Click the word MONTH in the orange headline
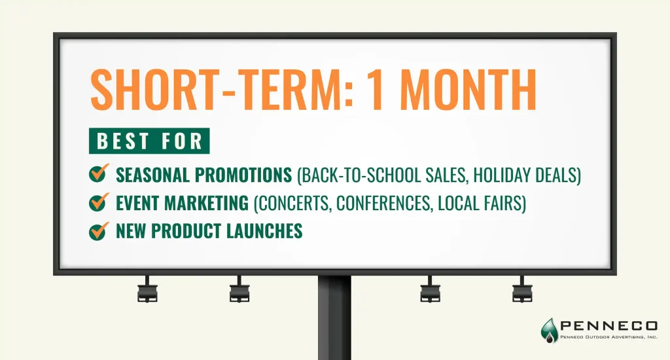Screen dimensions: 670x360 468,90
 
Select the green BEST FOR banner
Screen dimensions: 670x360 149,141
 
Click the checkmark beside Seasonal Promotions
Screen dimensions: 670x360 99,173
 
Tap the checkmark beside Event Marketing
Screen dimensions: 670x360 99,202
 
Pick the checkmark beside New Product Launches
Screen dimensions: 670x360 99,230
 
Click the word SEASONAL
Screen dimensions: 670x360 152,175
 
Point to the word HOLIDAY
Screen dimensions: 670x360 497,175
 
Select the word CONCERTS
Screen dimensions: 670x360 295,203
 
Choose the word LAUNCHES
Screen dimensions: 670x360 264,231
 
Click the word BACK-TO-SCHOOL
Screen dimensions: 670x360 361,175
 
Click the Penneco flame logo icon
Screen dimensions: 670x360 549,330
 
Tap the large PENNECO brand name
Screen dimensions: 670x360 609,326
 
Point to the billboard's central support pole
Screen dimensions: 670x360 334,317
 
